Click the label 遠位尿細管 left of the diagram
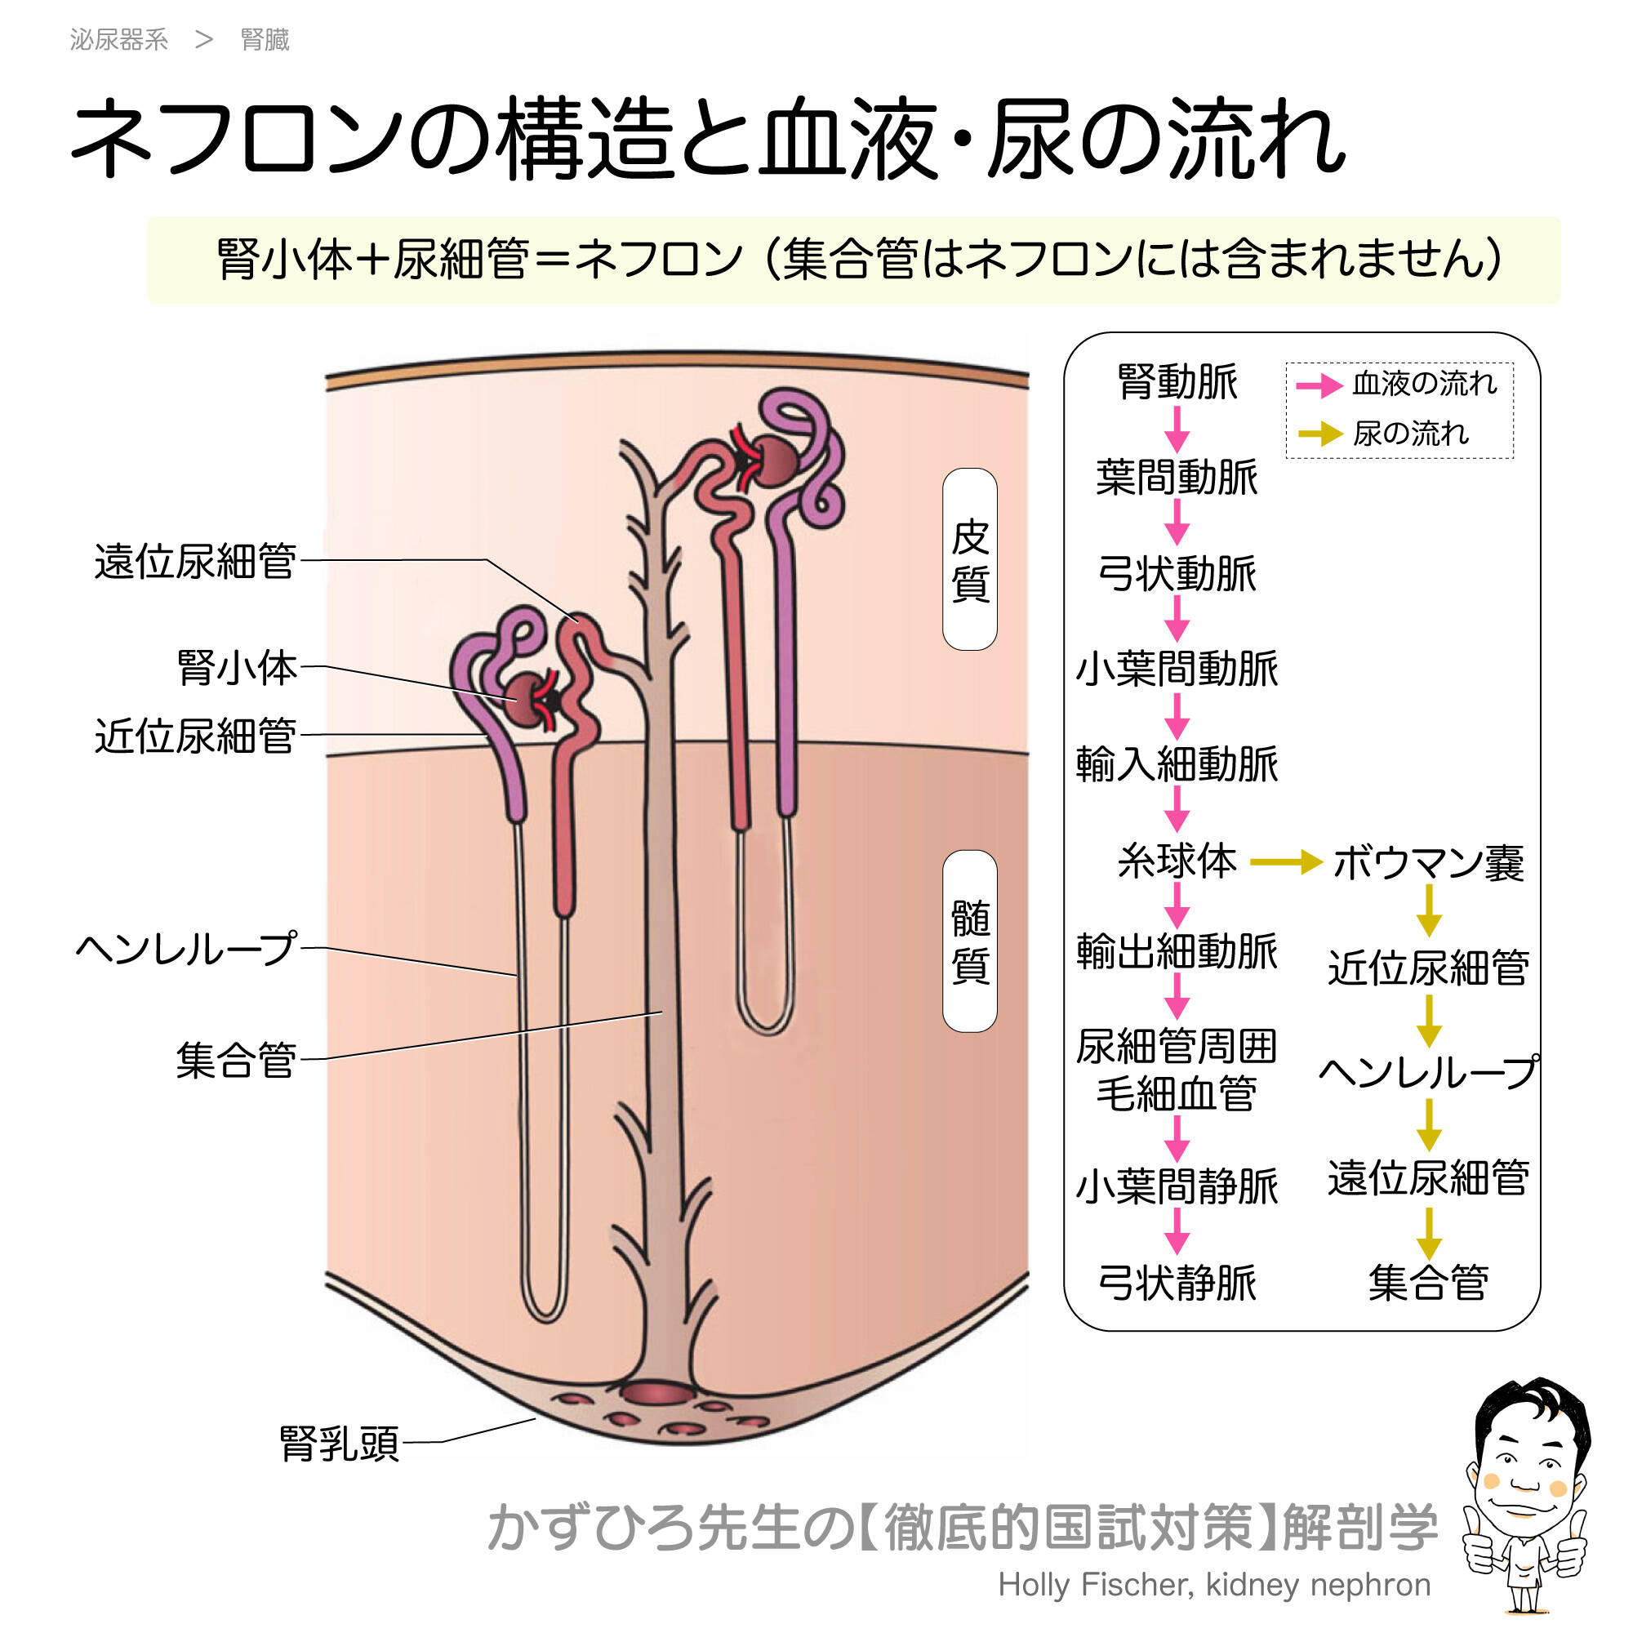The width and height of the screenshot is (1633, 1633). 195,561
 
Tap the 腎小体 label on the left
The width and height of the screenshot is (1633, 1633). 238,668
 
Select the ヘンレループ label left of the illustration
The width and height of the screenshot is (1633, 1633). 187,948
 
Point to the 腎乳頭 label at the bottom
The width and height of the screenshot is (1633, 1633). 339,1444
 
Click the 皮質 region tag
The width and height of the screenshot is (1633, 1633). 969,559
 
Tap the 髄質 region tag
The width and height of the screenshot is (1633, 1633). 969,941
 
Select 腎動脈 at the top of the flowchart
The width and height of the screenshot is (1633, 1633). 1177,382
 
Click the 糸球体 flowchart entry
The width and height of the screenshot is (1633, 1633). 1177,861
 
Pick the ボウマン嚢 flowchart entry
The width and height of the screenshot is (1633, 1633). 1428,863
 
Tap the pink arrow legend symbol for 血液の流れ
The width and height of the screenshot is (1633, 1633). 1319,385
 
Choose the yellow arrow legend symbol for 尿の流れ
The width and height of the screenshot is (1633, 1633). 1319,434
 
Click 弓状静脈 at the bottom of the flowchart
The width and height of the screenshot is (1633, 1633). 1177,1284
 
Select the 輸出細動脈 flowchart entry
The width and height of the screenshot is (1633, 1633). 1177,952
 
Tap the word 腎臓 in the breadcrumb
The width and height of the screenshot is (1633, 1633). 265,40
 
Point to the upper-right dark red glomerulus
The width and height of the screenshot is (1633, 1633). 774,461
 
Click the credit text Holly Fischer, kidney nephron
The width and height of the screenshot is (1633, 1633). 1214,1585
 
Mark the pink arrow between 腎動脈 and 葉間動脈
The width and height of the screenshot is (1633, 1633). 1177,429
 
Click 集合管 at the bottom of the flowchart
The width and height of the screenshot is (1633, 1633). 1428,1284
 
